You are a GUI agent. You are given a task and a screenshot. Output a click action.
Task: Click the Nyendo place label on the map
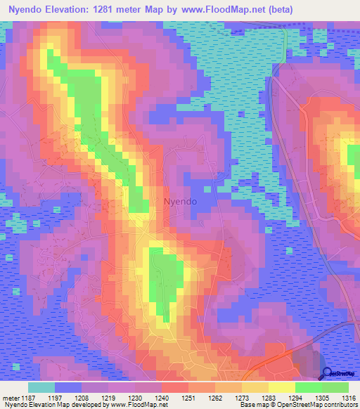pos(180,201)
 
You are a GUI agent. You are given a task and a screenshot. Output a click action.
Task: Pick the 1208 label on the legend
pos(82,398)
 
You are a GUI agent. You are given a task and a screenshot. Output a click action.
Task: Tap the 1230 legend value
pos(135,398)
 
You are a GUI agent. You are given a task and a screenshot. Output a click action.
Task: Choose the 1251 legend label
pos(188,398)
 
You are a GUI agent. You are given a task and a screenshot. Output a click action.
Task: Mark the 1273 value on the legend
pos(242,398)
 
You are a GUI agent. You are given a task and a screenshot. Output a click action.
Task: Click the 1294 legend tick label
pos(295,398)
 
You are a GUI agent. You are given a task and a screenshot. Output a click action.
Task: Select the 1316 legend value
pos(347,398)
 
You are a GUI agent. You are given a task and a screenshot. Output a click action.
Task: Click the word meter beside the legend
pos(10,398)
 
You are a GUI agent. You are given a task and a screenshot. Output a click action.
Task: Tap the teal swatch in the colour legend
pos(41,387)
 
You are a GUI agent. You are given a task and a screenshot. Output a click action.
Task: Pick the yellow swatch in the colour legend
pos(281,387)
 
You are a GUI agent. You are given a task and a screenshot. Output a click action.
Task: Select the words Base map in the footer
pos(252,405)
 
